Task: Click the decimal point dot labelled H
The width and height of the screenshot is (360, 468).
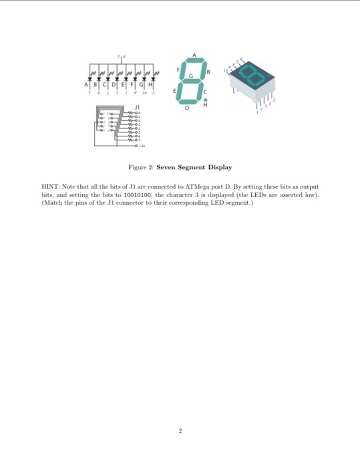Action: [x=205, y=99]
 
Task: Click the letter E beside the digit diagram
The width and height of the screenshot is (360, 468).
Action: [x=176, y=90]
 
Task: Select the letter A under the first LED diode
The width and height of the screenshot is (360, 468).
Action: [x=87, y=86]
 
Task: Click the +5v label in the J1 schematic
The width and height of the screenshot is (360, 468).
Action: [x=142, y=144]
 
